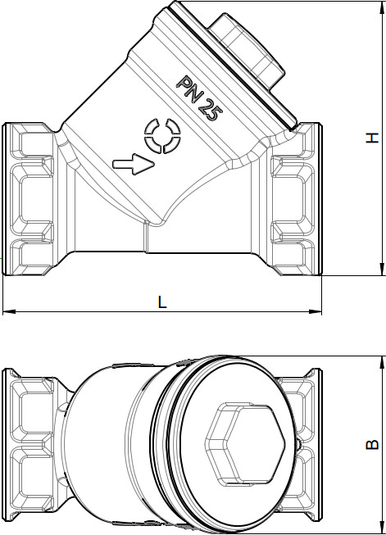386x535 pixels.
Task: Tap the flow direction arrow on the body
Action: point(134,165)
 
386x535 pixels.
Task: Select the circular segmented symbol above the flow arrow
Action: point(162,136)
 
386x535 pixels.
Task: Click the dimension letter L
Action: point(162,302)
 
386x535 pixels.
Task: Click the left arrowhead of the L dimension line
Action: point(9,311)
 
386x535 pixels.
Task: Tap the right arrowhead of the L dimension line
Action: point(316,311)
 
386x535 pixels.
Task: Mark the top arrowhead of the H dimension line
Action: point(382,7)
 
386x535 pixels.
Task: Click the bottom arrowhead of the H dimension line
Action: point(382,269)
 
